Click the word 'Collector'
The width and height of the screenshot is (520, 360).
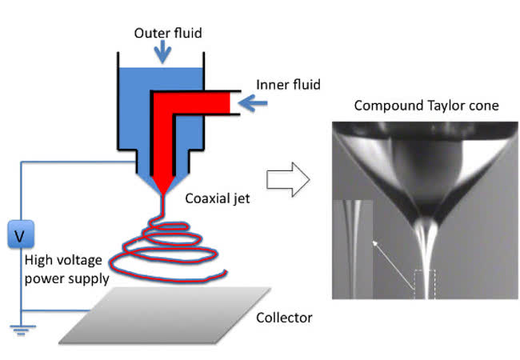(x=284, y=318)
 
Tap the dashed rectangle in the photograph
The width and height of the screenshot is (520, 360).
(x=424, y=284)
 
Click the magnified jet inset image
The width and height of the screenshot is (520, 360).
(x=351, y=248)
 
